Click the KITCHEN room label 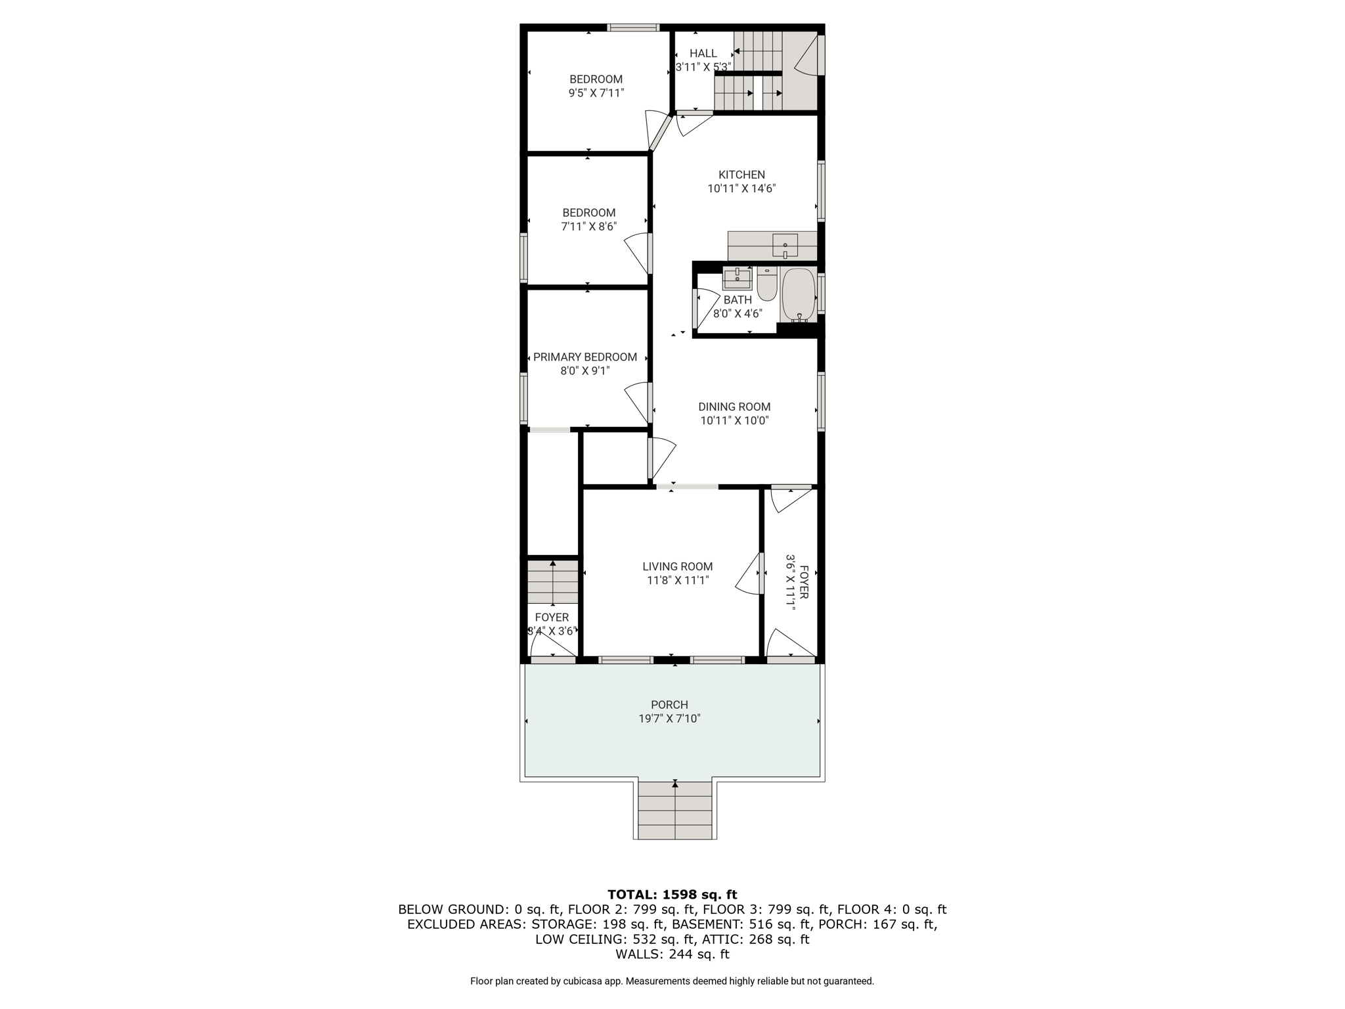pos(741,175)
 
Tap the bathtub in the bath pos(798,295)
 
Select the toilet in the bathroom pos(766,283)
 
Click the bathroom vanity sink pos(737,278)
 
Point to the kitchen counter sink pos(785,245)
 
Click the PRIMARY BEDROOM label pos(585,357)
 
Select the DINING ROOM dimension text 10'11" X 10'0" pos(734,421)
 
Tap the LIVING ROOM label pos(678,566)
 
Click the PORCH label pos(670,705)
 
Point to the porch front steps pos(675,810)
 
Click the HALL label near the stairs pos(703,53)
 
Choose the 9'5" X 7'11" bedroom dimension pos(596,93)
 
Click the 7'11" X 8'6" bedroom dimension pos(589,227)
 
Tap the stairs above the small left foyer pos(553,581)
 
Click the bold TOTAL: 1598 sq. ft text pos(672,894)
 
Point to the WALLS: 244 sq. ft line pos(672,954)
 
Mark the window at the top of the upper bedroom pos(633,28)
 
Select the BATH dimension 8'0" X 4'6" pos(738,314)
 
